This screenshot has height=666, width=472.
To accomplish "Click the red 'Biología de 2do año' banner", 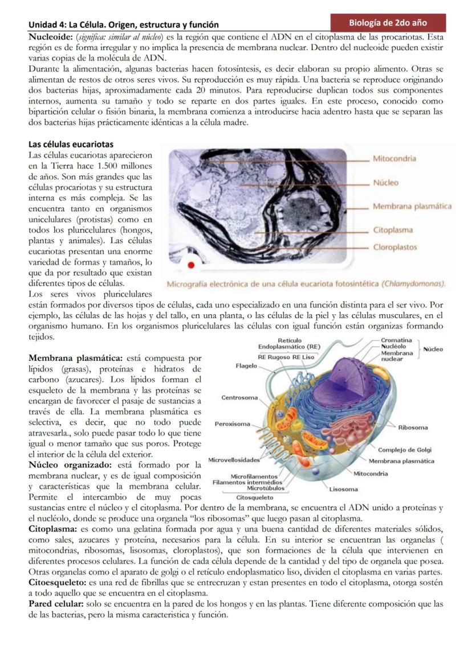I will tap(388, 23).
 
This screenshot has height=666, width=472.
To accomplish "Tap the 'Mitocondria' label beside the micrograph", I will tap(394, 159).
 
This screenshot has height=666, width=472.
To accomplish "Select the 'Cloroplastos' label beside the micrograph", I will tap(394, 247).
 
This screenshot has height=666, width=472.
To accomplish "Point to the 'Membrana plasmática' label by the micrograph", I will tap(412, 206).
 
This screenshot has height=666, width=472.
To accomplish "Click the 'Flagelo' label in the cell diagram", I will tap(246, 366).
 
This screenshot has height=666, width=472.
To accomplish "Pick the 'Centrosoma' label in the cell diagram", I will tap(239, 397).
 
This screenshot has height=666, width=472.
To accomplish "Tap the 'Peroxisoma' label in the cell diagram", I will tap(233, 424).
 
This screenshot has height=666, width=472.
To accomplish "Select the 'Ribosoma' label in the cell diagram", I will tap(413, 427).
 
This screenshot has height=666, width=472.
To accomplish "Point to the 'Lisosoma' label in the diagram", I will tap(343, 489).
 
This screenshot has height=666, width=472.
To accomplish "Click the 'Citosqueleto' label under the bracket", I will tap(254, 497).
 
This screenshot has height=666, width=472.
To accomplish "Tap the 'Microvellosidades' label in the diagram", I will tap(234, 459).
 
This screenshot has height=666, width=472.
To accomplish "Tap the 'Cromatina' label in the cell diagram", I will tap(396, 340).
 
